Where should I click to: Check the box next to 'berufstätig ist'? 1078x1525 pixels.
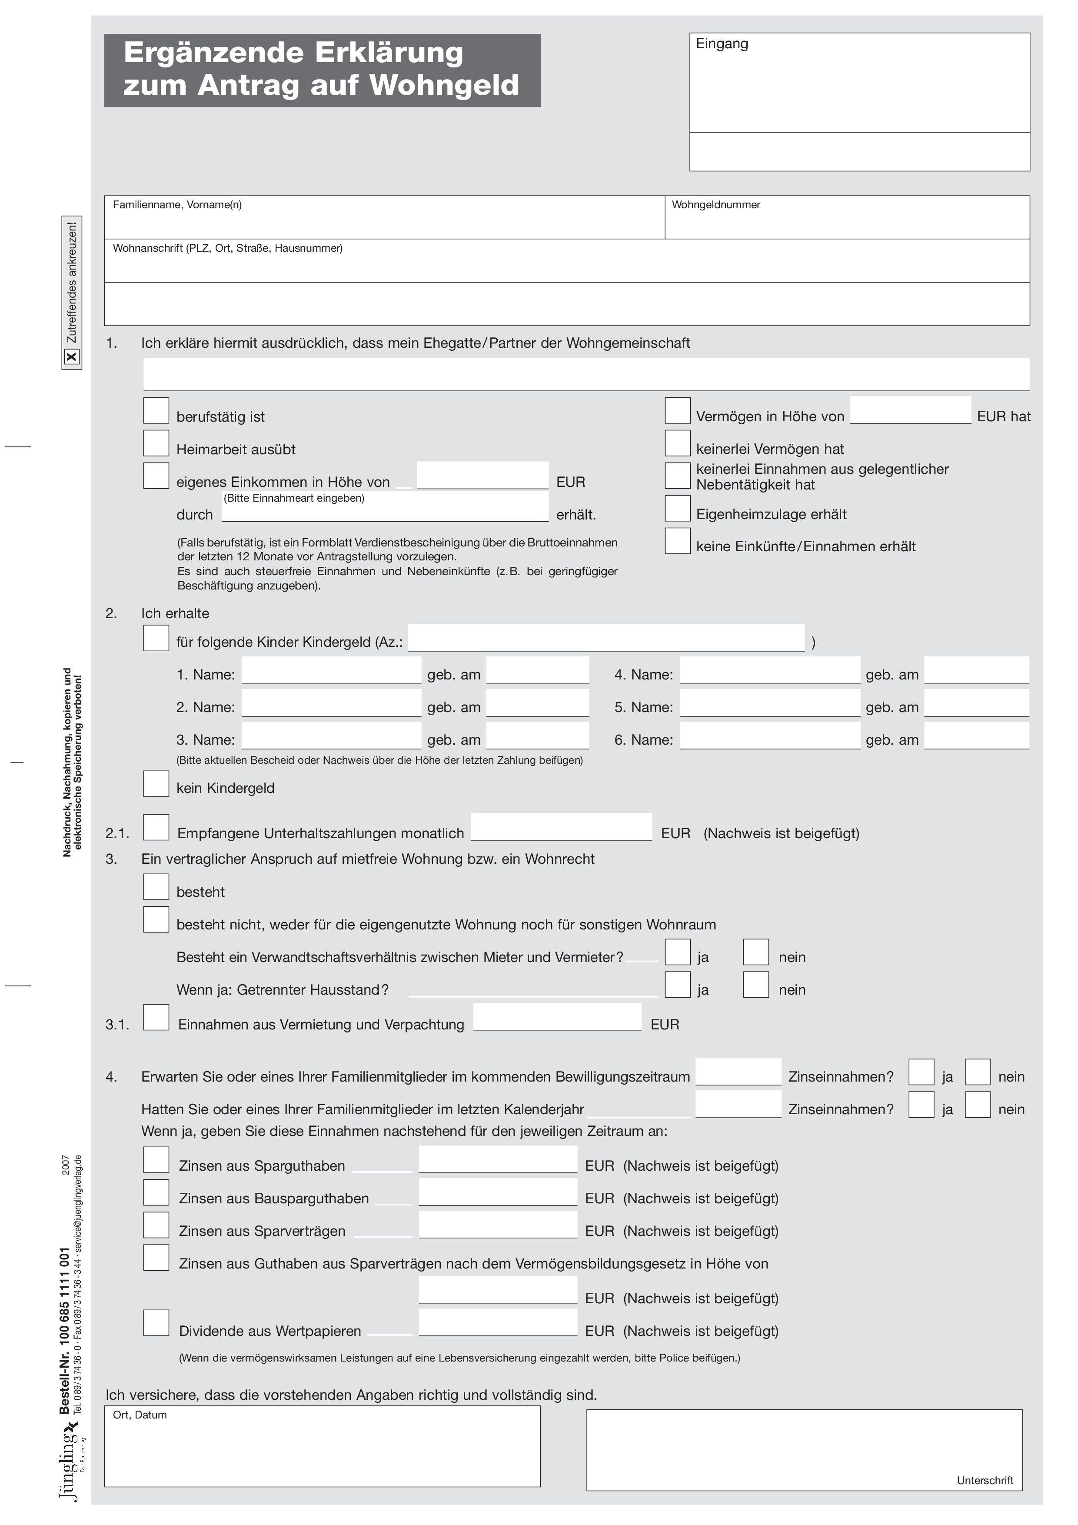pyautogui.click(x=156, y=410)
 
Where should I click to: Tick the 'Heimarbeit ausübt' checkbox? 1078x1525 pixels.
pyautogui.click(x=156, y=443)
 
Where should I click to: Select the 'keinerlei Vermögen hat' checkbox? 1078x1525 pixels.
pyautogui.click(x=678, y=443)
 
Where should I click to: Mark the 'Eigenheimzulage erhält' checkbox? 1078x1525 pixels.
pyautogui.click(x=678, y=508)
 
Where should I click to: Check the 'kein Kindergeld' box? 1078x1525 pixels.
pyautogui.click(x=156, y=784)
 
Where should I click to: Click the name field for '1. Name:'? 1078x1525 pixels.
pyautogui.click(x=331, y=671)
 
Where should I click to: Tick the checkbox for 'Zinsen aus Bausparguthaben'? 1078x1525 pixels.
pyautogui.click(x=156, y=1192)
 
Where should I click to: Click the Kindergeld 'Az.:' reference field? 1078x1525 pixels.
pyautogui.click(x=606, y=638)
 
